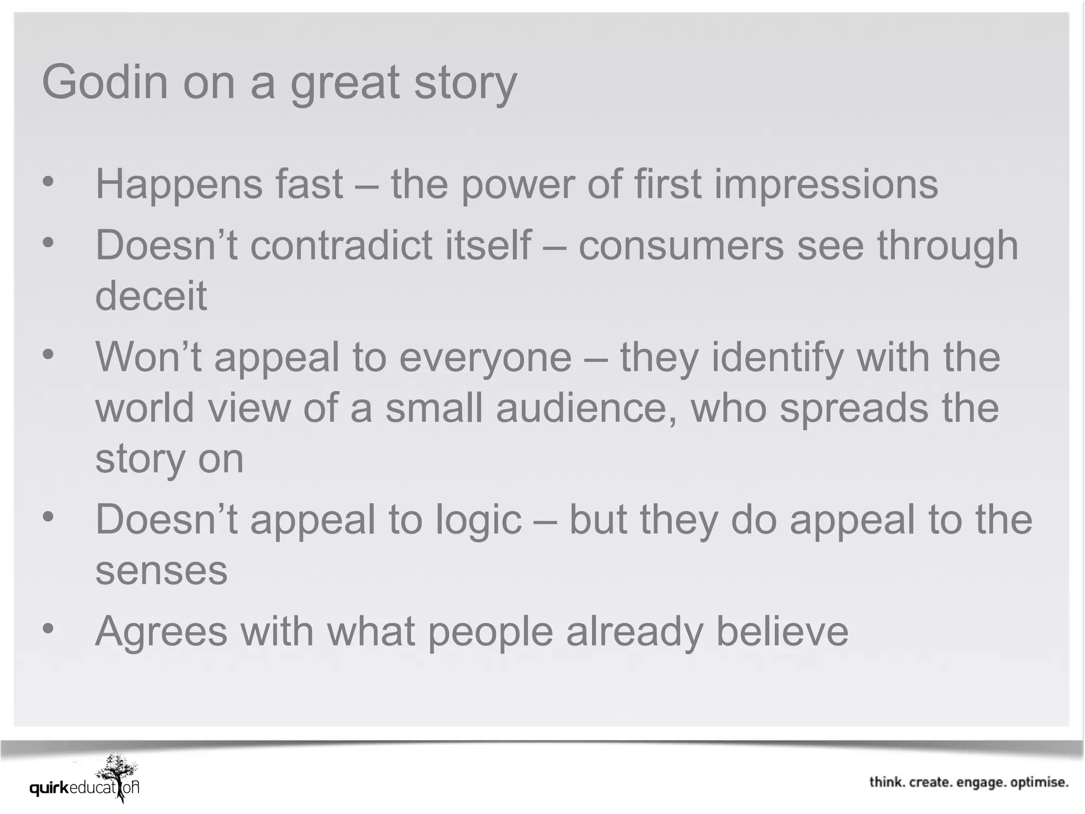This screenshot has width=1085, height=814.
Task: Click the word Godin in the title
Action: point(104,83)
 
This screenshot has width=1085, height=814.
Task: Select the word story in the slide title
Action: point(465,84)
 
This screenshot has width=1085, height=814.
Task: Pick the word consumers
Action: point(681,245)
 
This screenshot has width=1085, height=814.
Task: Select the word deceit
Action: point(151,296)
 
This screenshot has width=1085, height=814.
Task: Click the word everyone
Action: point(485,357)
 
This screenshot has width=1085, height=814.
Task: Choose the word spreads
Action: point(854,408)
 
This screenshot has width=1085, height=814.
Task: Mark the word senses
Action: point(161,570)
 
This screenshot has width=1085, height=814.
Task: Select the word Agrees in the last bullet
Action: point(161,632)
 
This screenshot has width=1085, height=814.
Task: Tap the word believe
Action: point(782,632)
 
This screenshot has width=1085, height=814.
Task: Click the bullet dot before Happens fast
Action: point(48,182)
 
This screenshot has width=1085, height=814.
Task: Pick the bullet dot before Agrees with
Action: point(48,629)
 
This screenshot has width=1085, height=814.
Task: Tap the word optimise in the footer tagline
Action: point(1039,783)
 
